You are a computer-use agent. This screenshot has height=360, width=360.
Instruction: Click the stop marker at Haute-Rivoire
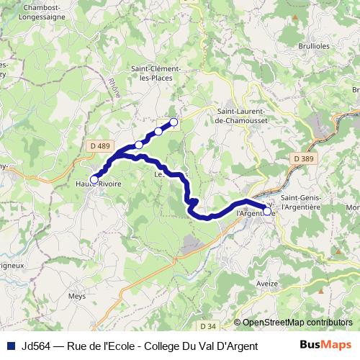[94, 179]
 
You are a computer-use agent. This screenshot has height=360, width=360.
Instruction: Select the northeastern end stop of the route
[174, 122]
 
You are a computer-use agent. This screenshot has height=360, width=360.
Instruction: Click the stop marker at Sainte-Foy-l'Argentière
[267, 211]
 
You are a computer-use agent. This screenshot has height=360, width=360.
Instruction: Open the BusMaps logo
[325, 344]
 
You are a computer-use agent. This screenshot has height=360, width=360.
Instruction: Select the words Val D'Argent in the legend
[214, 345]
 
